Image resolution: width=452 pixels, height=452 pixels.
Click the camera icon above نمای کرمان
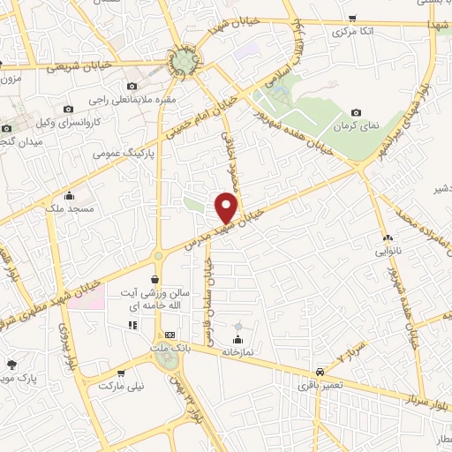click(355, 112)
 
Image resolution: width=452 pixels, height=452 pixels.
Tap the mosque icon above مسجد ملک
click(71, 195)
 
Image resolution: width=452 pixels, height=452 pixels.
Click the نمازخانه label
click(237, 352)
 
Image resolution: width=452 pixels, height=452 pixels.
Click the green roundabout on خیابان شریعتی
click(185, 61)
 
